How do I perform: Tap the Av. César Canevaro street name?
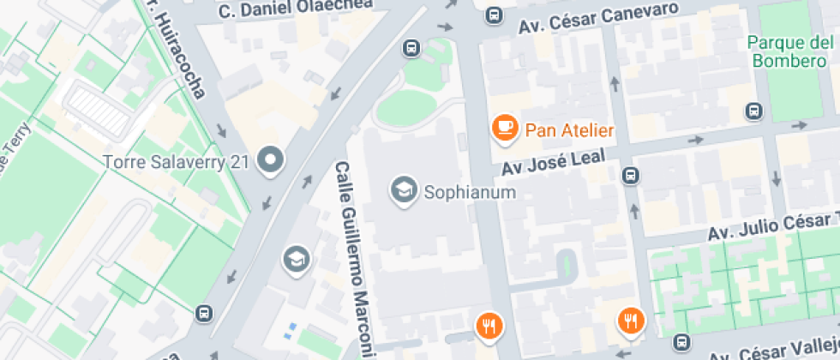click(x=599, y=19)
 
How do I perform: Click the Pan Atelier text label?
click(x=569, y=130)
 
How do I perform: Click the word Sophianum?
click(x=470, y=192)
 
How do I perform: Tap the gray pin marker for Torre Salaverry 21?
click(x=273, y=159)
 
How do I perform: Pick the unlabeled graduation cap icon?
click(x=297, y=259)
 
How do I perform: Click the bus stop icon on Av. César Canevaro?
click(x=494, y=15)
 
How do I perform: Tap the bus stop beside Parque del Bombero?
click(x=754, y=111)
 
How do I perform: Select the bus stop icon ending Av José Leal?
click(x=631, y=176)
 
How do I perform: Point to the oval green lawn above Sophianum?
click(x=405, y=108)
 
